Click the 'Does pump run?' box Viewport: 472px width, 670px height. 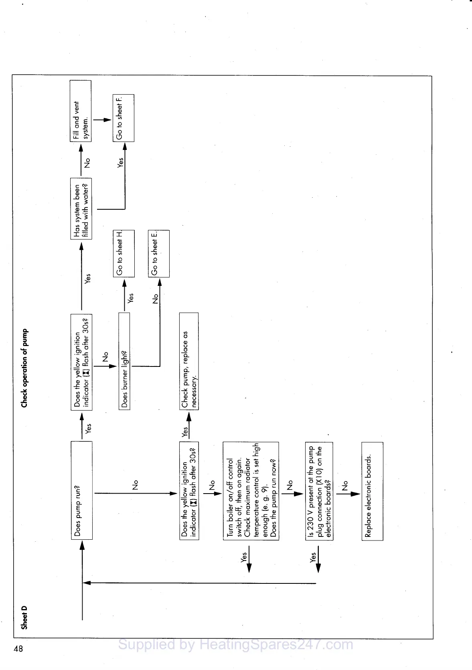coord(81,490)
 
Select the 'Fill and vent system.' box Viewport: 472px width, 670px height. coord(81,111)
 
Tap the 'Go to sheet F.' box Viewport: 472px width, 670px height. coord(123,118)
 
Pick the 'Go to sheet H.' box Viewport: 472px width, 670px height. coord(124,253)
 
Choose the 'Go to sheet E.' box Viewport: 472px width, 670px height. coord(159,253)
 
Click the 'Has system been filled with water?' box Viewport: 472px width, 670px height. coord(81,208)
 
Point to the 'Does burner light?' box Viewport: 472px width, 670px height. coord(124,361)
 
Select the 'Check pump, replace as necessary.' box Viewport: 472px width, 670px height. coord(189,361)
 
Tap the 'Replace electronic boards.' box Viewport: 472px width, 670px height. coord(372,491)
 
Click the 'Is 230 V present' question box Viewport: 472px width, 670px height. coord(319,491)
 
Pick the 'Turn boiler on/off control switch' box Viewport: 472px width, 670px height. coord(251,491)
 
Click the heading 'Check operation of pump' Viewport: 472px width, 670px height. coord(25,368)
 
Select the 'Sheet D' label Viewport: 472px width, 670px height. coord(24,617)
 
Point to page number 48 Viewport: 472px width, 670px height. coord(18,648)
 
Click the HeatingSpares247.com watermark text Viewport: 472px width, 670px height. coord(236,645)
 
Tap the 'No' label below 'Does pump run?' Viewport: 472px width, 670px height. coord(135,485)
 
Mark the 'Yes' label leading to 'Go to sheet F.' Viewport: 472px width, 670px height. coord(120,162)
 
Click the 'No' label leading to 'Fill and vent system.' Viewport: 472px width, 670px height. coord(87,163)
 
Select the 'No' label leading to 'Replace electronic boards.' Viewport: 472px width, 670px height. coord(345,486)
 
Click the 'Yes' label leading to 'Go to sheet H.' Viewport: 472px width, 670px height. coord(130,298)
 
